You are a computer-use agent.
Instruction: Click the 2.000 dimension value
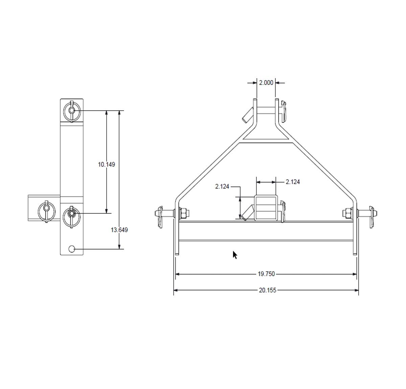[x=266, y=83]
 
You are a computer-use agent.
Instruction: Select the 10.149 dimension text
[x=106, y=165]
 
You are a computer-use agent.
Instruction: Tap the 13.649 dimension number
[x=119, y=230]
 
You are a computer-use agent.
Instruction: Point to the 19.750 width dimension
[x=266, y=274]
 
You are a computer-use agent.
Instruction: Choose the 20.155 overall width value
[x=268, y=290]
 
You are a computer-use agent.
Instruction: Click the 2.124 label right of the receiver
[x=293, y=182]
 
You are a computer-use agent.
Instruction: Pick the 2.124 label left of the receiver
[x=222, y=186]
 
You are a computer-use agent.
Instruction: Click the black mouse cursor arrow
[x=235, y=255]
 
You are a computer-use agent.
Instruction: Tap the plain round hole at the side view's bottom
[x=72, y=249]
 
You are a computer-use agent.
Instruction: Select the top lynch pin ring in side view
[x=72, y=111]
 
